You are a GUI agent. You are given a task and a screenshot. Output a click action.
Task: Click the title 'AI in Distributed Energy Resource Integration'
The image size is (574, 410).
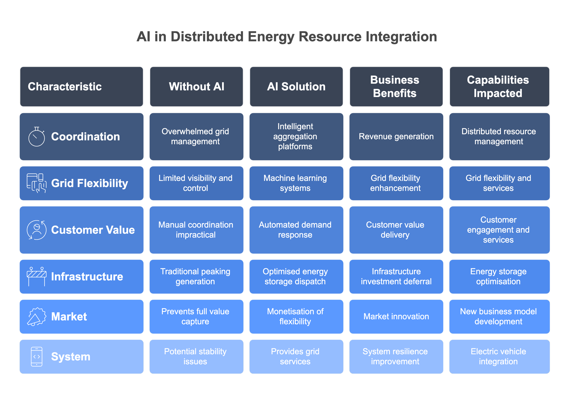pyautogui.click(x=287, y=37)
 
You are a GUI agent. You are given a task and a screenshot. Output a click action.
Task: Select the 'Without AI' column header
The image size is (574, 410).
pyautogui.click(x=197, y=87)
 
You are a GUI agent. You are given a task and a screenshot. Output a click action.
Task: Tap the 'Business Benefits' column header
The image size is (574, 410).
pyautogui.click(x=396, y=87)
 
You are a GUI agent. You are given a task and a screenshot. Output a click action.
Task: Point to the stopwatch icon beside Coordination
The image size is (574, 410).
pyautogui.click(x=37, y=137)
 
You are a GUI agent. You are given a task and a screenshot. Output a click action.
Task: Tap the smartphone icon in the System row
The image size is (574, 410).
pyautogui.click(x=37, y=356)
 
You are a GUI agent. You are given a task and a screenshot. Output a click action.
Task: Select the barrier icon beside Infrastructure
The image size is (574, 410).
pyautogui.click(x=37, y=276)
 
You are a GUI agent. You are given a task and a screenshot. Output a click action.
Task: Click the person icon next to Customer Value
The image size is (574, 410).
pyautogui.click(x=37, y=230)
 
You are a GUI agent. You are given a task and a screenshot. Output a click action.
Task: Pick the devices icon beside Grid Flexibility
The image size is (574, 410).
pyautogui.click(x=37, y=183)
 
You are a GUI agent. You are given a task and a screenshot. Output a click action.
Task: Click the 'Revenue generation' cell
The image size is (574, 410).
pyautogui.click(x=396, y=137)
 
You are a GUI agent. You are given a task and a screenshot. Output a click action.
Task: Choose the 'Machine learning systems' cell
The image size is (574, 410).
pyautogui.click(x=296, y=183)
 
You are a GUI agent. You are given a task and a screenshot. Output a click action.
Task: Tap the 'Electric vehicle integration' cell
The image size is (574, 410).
pyautogui.click(x=499, y=356)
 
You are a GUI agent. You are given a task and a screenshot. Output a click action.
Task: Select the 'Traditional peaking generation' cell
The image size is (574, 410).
pyautogui.click(x=197, y=276)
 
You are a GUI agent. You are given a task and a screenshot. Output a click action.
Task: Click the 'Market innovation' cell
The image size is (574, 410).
pyautogui.click(x=396, y=317)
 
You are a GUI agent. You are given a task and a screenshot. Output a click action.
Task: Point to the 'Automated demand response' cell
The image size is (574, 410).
pyautogui.click(x=296, y=230)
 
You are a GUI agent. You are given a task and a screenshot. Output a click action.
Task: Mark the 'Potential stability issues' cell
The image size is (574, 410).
pyautogui.click(x=197, y=356)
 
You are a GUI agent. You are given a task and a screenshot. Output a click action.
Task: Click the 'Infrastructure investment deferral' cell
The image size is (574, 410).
pyautogui.click(x=396, y=276)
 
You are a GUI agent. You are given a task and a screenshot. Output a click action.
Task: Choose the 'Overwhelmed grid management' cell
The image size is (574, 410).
pyautogui.click(x=197, y=137)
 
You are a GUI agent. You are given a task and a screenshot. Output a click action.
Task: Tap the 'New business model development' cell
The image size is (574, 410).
pyautogui.click(x=499, y=317)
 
